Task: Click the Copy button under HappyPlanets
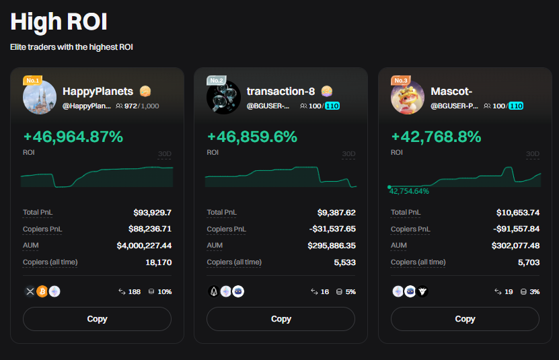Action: pos(97,319)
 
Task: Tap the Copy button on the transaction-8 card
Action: pos(281,319)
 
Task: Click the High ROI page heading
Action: pos(59,22)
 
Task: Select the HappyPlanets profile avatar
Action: pos(40,98)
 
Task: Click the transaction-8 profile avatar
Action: pos(223,98)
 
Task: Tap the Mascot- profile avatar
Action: pos(408,98)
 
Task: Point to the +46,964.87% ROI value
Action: pos(73,137)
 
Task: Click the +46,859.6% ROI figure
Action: pos(252,137)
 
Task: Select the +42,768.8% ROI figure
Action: pos(436,137)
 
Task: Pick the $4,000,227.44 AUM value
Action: pos(144,246)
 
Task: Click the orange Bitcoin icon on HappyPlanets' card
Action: pos(42,291)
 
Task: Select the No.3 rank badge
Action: pos(401,81)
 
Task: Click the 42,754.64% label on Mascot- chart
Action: pos(409,191)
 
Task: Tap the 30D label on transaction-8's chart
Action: pos(348,154)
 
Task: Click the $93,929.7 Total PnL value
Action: pos(152,213)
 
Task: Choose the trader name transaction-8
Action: pos(281,91)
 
